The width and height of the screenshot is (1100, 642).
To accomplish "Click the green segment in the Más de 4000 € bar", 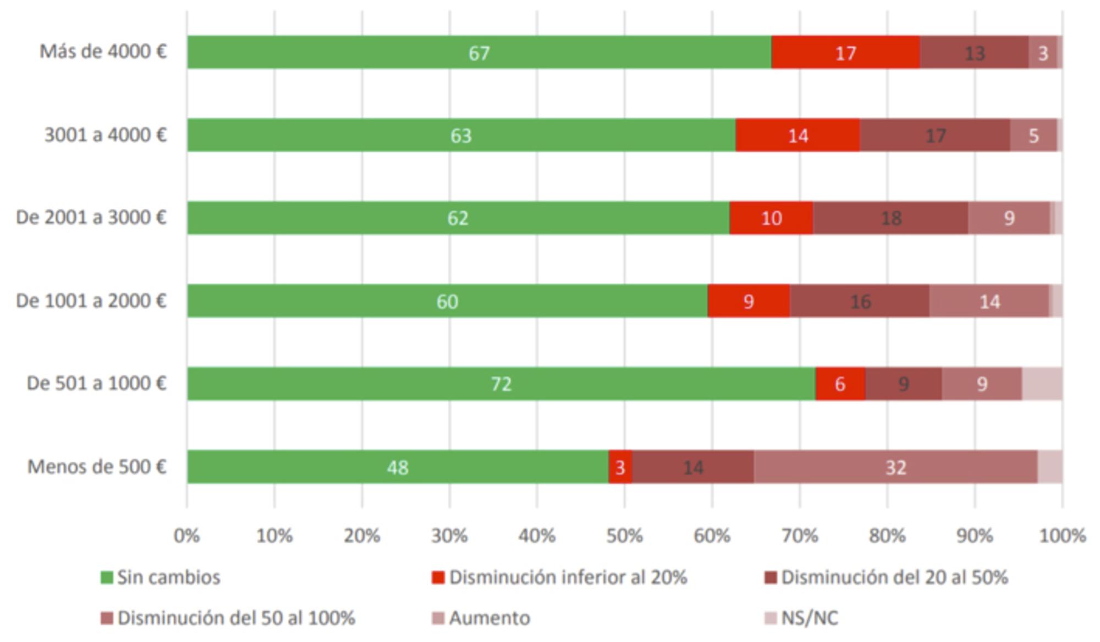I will (x=479, y=52).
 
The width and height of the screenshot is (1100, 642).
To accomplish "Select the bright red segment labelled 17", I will (x=845, y=52).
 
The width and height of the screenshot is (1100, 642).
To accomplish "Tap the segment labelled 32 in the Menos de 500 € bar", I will (x=895, y=467).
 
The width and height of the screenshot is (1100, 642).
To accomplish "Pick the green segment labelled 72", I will (x=501, y=383).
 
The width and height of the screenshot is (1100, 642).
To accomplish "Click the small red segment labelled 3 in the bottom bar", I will (x=620, y=467).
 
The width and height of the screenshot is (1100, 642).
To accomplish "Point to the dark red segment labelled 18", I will (x=890, y=218).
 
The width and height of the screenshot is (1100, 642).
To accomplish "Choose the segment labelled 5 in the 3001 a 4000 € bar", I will (x=1033, y=135).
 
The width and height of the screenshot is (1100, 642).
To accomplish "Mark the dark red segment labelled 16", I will (x=860, y=301).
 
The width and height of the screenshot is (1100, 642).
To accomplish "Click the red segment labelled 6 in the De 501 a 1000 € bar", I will (x=840, y=383).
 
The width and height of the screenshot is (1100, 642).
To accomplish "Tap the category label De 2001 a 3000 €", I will (x=91, y=218).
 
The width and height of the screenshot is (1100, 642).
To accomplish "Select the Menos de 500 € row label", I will (x=97, y=467).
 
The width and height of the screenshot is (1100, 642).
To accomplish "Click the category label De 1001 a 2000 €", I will (x=91, y=301).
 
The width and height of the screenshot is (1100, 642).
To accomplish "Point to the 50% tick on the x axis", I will (x=624, y=535).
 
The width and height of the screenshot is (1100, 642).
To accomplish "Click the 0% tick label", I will (x=187, y=535).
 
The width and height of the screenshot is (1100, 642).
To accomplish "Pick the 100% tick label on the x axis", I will (x=1062, y=535).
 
